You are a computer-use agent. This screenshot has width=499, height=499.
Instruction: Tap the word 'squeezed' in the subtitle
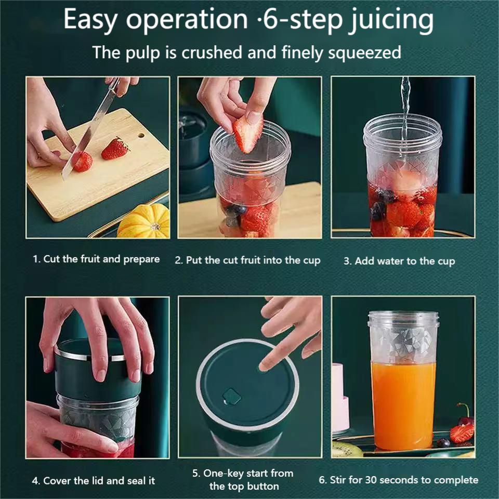(x=365, y=53)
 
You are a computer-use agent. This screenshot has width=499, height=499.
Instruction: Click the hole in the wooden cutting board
(x=141, y=136)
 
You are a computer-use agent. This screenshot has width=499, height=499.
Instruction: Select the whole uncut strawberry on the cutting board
(x=115, y=149)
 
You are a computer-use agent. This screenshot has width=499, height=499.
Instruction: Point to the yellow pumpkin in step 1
(x=144, y=221)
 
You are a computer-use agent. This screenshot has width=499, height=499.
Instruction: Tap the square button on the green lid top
(x=231, y=396)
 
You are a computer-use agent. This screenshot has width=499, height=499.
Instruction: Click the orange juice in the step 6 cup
(x=403, y=406)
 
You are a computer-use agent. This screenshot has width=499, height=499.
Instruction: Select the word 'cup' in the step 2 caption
(x=311, y=261)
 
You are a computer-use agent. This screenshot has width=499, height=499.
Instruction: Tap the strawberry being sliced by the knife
(x=83, y=161)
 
